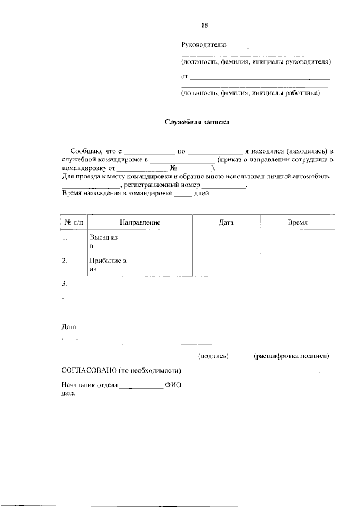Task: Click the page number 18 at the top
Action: click(x=205, y=25)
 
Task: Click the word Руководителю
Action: click(x=204, y=45)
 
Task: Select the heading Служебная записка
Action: click(x=197, y=122)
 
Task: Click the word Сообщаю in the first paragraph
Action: click(x=85, y=151)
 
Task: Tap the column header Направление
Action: click(x=140, y=223)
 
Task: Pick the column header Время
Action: click(x=298, y=223)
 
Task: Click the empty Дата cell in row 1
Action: click(x=226, y=242)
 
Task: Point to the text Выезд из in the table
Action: click(x=103, y=238)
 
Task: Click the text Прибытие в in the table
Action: click(x=108, y=261)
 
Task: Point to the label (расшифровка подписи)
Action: click(x=291, y=356)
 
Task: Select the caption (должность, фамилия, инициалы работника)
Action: click(x=250, y=93)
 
